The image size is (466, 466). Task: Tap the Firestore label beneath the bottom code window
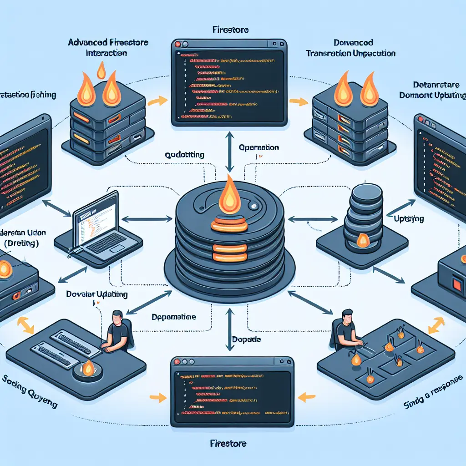228,442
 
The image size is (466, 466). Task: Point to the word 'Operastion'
258,148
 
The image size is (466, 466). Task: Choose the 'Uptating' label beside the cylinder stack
409,219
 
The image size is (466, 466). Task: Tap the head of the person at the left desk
117,316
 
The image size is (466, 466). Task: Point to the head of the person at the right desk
346,315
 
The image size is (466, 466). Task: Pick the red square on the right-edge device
456,284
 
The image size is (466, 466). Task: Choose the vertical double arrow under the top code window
229,150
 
